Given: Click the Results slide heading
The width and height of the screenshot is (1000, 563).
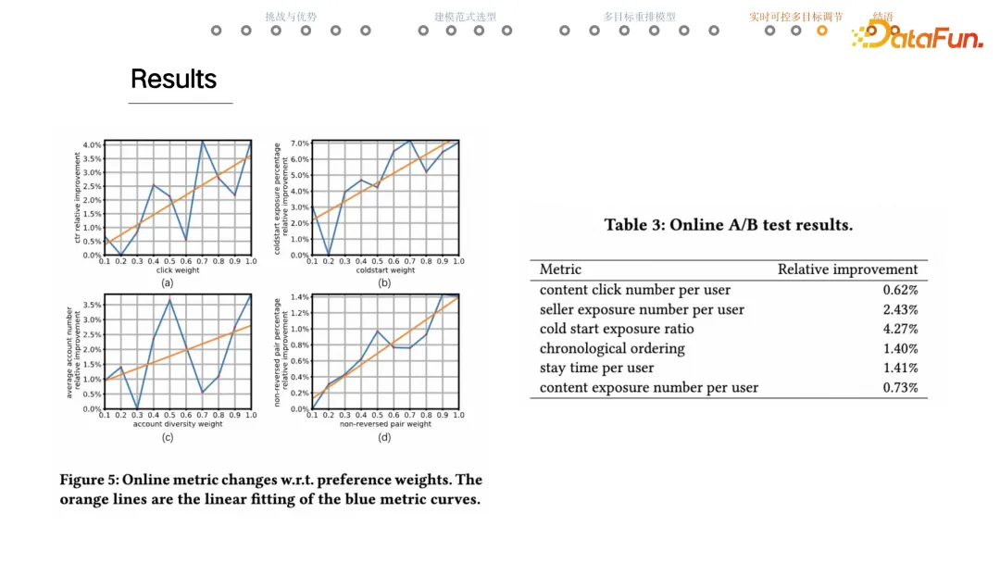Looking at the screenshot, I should click(x=173, y=79).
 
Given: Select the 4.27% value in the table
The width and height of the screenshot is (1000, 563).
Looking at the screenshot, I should click(x=900, y=329).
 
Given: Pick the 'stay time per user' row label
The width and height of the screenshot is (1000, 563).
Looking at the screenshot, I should click(x=596, y=368).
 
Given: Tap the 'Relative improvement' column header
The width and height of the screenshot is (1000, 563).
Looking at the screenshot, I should click(x=847, y=269).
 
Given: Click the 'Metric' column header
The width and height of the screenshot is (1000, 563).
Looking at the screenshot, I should click(x=560, y=269).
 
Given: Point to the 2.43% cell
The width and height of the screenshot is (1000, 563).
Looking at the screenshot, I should click(x=900, y=309).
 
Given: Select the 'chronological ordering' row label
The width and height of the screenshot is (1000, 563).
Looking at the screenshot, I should click(x=612, y=348).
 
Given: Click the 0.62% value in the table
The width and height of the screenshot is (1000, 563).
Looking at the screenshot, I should click(x=900, y=290).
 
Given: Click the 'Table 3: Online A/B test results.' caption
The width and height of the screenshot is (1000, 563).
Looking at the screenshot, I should click(x=729, y=225).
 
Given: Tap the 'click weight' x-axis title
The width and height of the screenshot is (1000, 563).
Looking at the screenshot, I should click(x=177, y=270).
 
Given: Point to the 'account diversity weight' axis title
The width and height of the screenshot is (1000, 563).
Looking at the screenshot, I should click(x=178, y=424).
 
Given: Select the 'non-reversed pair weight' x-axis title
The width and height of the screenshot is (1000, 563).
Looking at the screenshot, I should click(x=384, y=424).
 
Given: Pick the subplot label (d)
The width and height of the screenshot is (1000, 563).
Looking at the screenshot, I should click(x=384, y=436).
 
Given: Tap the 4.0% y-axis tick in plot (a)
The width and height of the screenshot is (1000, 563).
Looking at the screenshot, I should click(x=92, y=145).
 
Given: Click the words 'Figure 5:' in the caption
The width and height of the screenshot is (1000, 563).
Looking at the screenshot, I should click(x=88, y=480).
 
